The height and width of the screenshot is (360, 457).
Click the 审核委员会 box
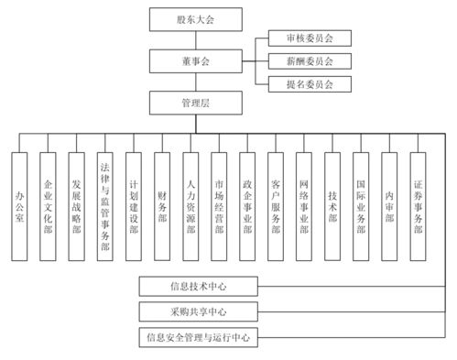pos(302,40)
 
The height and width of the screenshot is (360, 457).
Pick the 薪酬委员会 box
pos(302,61)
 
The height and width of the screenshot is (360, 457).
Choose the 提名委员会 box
pos(302,83)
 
